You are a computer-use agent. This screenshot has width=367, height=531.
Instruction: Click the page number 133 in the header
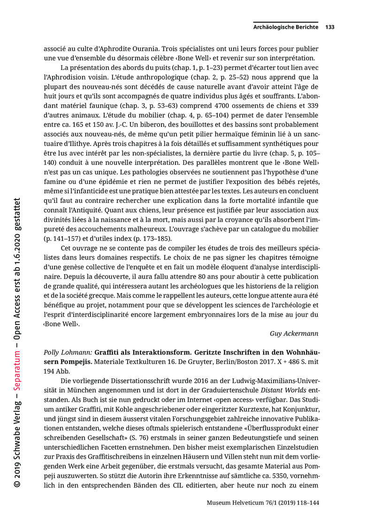click(x=329, y=27)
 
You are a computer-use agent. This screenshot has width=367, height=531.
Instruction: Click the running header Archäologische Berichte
click(x=285, y=27)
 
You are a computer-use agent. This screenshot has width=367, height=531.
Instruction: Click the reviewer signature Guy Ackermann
click(x=294, y=333)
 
